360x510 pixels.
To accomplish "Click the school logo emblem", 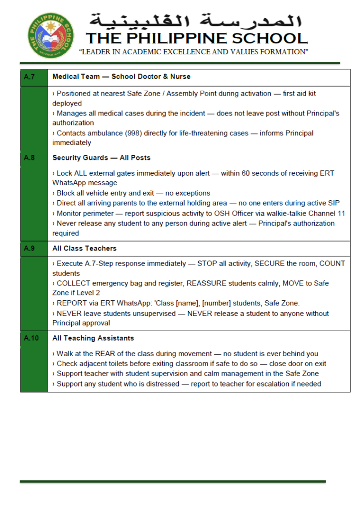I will (50, 36).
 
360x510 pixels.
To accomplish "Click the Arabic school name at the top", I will (196, 21).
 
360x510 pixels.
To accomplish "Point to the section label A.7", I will (29, 77).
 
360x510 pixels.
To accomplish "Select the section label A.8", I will (29, 158).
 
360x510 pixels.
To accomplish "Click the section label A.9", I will (29, 248).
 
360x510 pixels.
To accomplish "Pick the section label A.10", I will (31, 338).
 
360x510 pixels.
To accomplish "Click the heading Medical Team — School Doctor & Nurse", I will (121, 77).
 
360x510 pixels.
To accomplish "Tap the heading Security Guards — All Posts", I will (101, 158).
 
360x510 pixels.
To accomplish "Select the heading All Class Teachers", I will (85, 248).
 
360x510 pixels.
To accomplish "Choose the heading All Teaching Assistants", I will (93, 338).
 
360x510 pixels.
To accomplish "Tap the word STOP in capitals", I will (207, 263).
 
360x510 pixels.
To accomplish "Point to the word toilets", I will (118, 364).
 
